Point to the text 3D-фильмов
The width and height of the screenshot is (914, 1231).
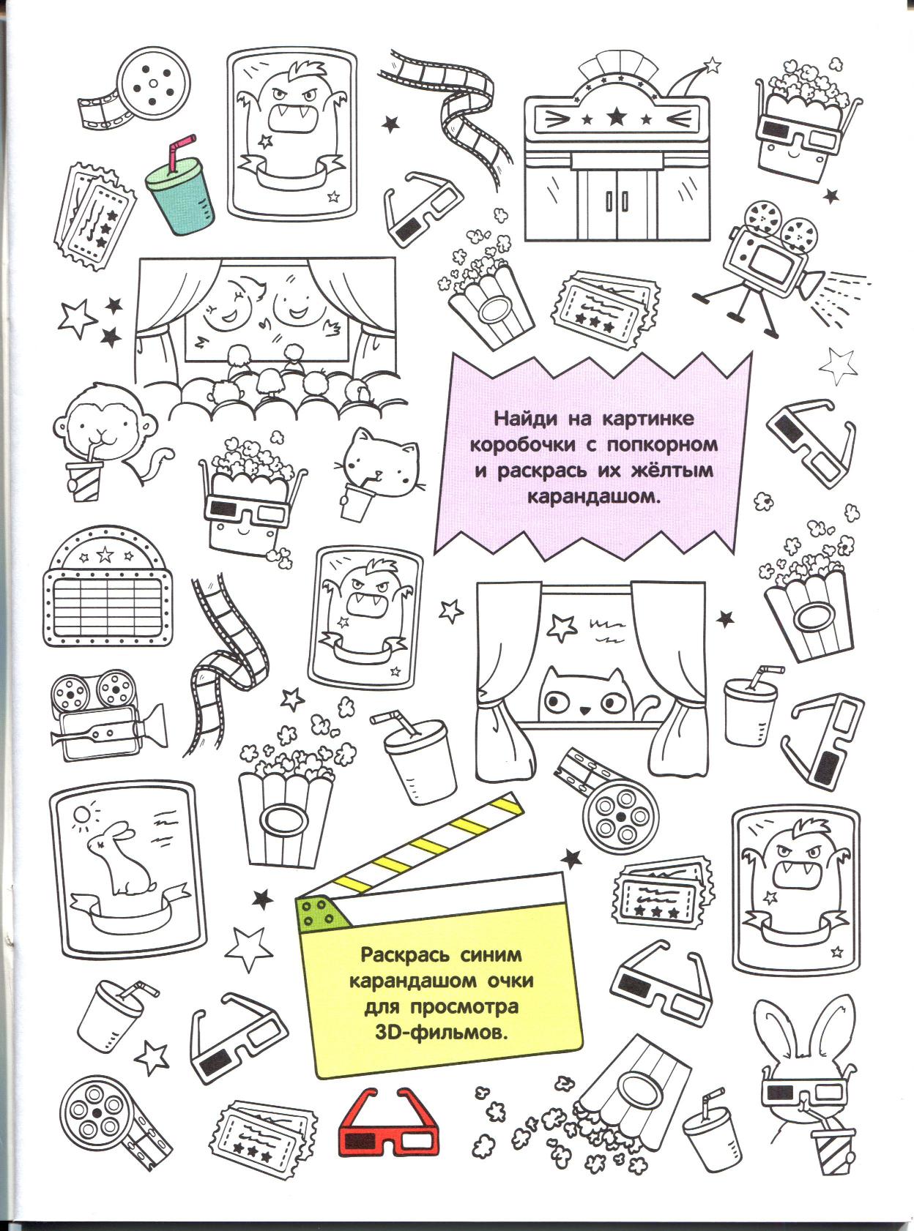pyautogui.click(x=442, y=1033)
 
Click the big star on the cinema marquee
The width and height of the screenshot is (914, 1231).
pyautogui.click(x=616, y=116)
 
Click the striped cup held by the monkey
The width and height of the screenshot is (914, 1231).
pyautogui.click(x=85, y=481)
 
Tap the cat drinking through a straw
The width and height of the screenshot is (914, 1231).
pyautogui.click(x=378, y=472)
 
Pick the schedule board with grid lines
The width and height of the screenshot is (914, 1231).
pyautogui.click(x=107, y=588)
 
